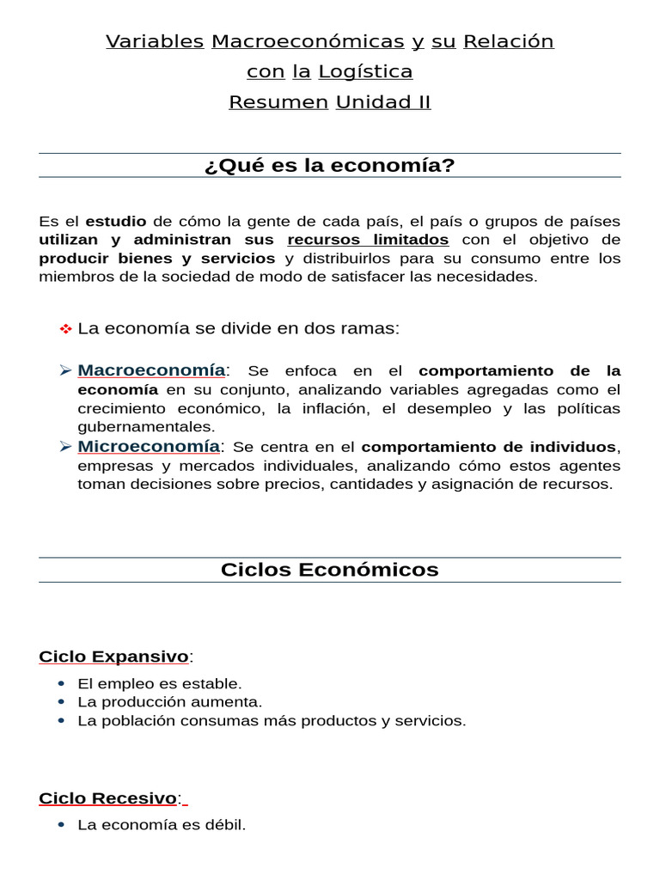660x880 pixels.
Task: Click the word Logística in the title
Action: [x=365, y=71]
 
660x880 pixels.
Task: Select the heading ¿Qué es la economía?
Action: [x=330, y=165]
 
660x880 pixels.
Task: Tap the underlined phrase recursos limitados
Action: [x=368, y=240]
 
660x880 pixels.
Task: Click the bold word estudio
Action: [x=116, y=221]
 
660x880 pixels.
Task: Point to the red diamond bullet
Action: [x=65, y=329]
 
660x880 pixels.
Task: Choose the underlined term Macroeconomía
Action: [x=151, y=370]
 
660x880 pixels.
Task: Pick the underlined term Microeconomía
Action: [x=149, y=447]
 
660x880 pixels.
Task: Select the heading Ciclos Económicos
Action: [x=330, y=570]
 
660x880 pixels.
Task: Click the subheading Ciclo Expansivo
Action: [x=113, y=657]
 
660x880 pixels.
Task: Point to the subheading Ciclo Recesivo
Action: [x=107, y=798]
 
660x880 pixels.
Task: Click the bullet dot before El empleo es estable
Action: [x=60, y=684]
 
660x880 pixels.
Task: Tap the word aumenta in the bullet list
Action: [x=232, y=702]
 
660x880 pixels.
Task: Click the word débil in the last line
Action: [x=225, y=825]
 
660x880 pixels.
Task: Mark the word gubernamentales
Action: [x=147, y=427]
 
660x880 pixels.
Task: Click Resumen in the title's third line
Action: [x=278, y=102]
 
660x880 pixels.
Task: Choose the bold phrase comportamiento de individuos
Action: [x=488, y=447]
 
